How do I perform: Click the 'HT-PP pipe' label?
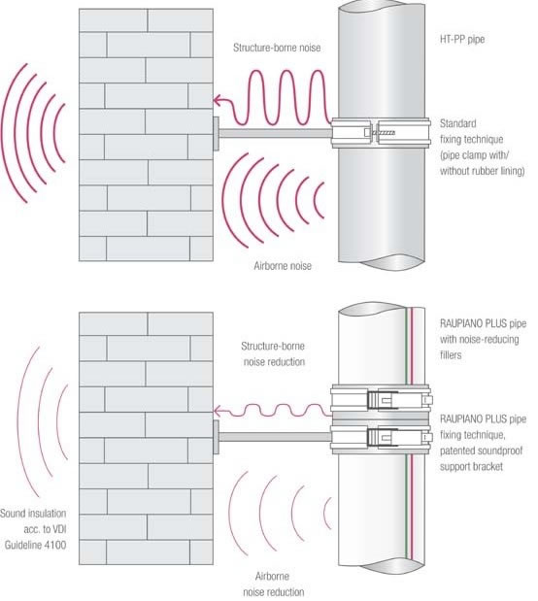tap(461, 39)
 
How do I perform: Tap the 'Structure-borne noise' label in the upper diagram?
tap(277, 48)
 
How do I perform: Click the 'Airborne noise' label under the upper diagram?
tap(283, 266)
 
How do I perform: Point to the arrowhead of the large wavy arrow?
tap(217, 101)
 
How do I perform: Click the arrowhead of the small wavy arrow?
tap(217, 412)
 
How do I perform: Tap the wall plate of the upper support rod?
tap(216, 133)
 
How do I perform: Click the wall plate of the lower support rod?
tap(216, 437)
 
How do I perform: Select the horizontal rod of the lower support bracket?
tap(275, 437)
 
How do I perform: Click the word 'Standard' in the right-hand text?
tap(457, 123)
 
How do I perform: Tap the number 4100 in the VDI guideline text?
tap(54, 545)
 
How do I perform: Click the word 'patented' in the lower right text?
tap(458, 451)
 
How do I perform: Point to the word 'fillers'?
tap(451, 355)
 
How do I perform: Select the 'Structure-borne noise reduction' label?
tap(274, 353)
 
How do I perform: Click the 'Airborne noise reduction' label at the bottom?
tap(274, 584)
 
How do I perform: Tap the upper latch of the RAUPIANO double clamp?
tap(383, 400)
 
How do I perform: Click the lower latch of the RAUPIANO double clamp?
tap(383, 437)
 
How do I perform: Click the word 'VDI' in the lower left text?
tap(58, 529)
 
